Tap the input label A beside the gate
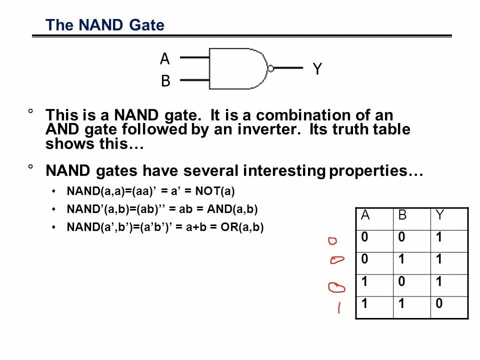point(165,59)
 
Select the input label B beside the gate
point(165,81)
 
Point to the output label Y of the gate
point(317,69)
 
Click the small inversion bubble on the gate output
point(270,68)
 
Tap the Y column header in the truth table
point(440,215)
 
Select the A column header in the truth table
point(365,215)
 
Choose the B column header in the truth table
point(403,215)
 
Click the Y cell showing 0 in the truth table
point(439,303)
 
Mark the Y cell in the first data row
point(439,238)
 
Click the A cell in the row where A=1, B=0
point(365,282)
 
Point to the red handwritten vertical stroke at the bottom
point(339,307)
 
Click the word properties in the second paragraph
point(375,171)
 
